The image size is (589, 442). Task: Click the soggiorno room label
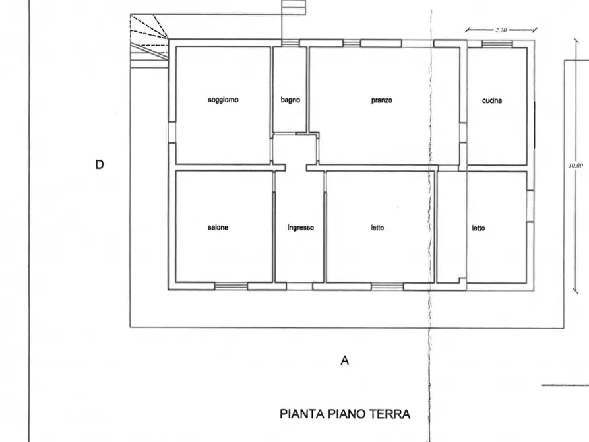coord(223,100)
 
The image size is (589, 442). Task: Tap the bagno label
coord(290,100)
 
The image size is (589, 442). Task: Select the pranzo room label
coord(381,100)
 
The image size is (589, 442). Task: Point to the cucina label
coord(491,101)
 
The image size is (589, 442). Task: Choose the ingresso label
coord(300,228)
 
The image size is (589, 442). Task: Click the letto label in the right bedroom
coord(478,228)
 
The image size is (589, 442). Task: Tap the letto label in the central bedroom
coord(377,228)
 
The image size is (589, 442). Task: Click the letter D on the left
coord(100,164)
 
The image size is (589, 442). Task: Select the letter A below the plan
coord(344,361)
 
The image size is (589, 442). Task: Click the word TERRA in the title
coord(389,414)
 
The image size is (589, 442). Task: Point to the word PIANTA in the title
coord(301,414)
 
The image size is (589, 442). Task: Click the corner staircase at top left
coord(148,36)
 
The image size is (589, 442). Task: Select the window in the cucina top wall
coord(497,44)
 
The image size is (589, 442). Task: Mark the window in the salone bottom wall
coord(231,286)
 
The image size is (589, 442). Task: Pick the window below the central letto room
coord(387,286)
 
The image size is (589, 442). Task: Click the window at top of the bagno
coord(290,43)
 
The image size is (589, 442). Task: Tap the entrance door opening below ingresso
coord(300,286)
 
